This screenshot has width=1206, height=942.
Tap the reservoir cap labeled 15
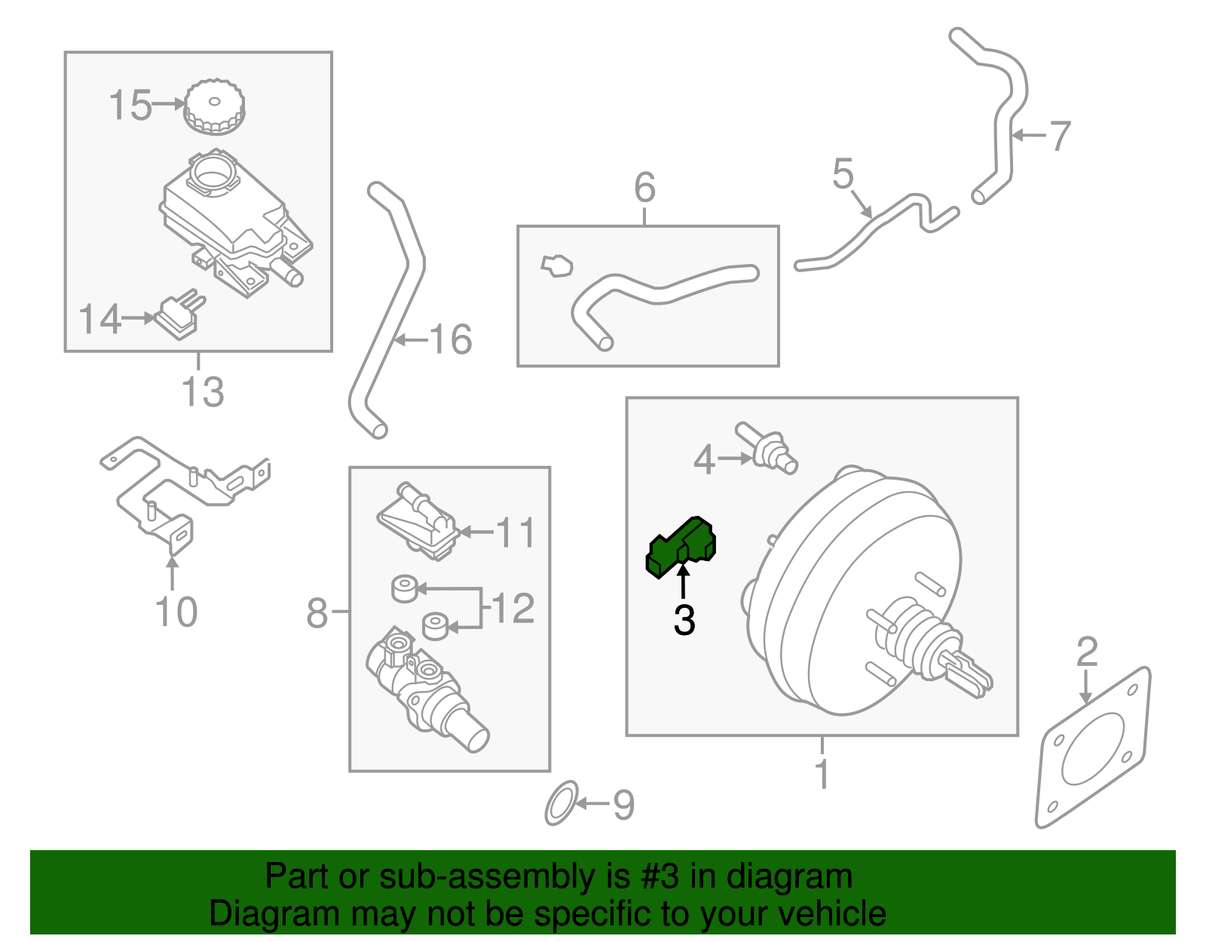pos(214,107)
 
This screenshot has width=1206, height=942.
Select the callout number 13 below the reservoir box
pos(203,392)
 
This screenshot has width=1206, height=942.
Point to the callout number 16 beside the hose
pos(451,339)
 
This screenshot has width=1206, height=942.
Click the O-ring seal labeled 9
pos(562,803)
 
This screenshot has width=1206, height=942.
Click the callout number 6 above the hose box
pos(644,187)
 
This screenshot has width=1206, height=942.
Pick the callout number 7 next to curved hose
pos(1060,137)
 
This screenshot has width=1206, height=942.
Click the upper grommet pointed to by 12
pos(405,588)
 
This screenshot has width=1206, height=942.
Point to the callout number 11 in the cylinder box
pos(516,533)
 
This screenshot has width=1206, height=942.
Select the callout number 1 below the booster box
pos(822,775)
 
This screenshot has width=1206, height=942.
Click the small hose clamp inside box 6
pos(557,265)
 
